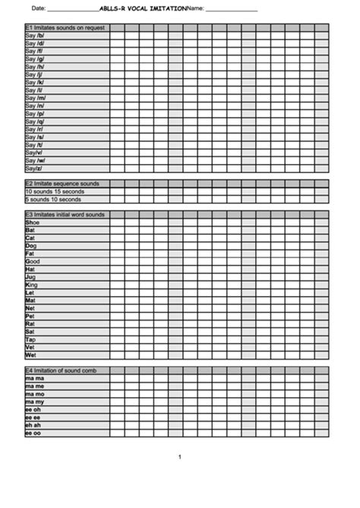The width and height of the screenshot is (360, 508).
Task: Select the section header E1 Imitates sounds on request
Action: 64,27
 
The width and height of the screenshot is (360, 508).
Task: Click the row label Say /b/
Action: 35,36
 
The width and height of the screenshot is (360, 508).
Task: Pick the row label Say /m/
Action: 36,98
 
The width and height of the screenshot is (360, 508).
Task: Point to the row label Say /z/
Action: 34,169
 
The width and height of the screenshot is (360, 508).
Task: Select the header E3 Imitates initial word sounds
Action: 65,214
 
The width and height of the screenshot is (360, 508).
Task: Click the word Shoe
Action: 32,222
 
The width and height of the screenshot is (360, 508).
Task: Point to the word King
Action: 31,285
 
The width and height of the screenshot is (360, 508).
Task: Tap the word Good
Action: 32,261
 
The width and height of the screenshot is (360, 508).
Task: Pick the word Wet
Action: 30,355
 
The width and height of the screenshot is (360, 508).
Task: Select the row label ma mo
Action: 35,394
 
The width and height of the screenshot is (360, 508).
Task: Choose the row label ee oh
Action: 33,410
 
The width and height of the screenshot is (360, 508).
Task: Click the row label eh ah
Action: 33,425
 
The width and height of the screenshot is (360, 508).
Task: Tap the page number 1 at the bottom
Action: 179,456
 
